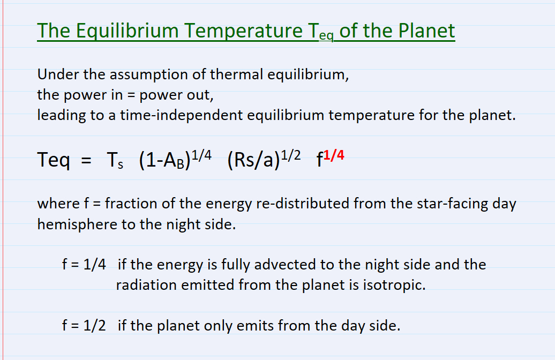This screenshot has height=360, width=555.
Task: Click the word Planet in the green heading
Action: point(427,31)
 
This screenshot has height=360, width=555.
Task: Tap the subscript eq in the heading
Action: point(326,36)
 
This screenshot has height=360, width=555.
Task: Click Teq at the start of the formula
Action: point(54,160)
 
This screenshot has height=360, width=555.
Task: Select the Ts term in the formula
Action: point(115,160)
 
